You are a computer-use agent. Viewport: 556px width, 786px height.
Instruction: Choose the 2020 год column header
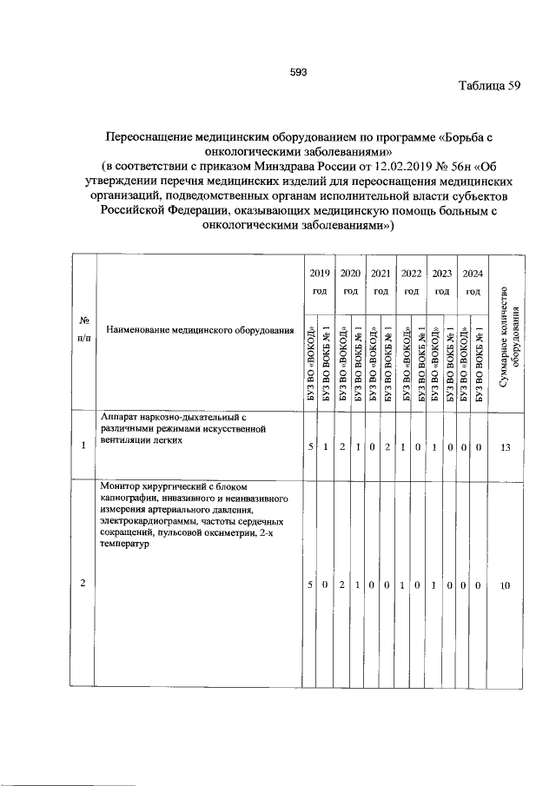point(350,281)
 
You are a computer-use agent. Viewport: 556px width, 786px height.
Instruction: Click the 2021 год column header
point(381,281)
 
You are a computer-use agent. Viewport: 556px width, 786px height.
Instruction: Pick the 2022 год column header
point(411,281)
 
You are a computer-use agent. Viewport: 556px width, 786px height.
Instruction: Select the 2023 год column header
point(441,281)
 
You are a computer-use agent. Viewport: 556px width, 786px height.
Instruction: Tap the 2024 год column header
point(473,281)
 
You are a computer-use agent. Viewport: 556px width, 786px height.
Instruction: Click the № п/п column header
point(83,330)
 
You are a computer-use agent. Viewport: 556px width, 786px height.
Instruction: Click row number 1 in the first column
point(83,446)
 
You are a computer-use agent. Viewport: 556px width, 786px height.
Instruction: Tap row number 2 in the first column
point(83,585)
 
